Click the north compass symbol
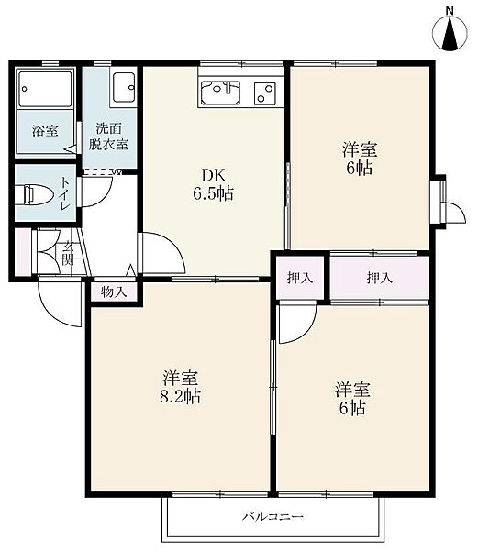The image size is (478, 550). click(450, 30)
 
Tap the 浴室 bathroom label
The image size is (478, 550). click(45, 131)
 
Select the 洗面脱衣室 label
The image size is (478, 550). click(108, 137)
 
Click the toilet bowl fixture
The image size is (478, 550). click(38, 194)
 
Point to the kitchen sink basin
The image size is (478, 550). click(220, 93)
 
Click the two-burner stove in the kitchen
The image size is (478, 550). click(265, 93)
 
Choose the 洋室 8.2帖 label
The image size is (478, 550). click(180, 387)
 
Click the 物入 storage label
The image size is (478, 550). click(114, 291)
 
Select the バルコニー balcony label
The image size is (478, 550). click(272, 517)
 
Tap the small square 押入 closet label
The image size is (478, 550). click(300, 278)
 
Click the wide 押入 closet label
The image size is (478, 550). click(380, 278)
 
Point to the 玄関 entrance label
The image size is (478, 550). click(67, 253)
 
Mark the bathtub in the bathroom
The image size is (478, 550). click(45, 89)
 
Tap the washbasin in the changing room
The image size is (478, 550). click(123, 87)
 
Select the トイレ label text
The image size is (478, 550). click(65, 193)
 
